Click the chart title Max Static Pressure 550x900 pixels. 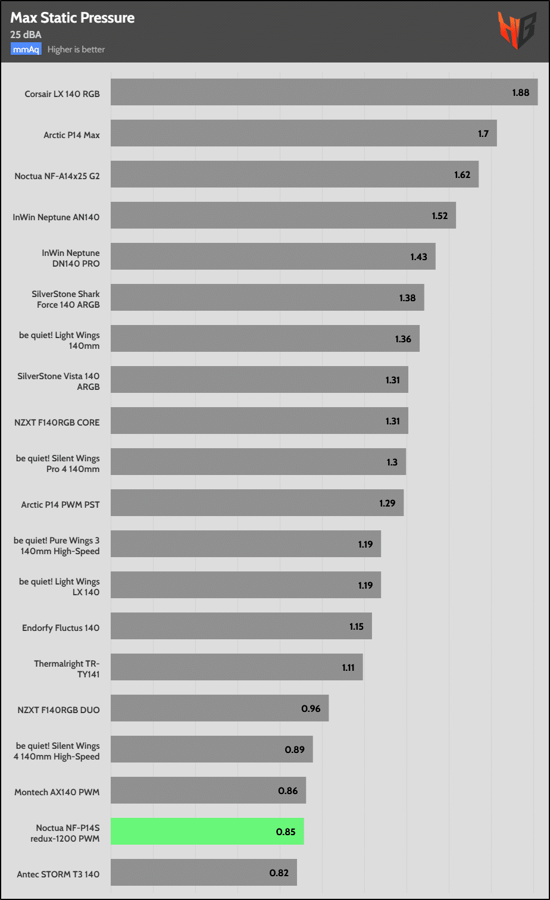tap(72, 18)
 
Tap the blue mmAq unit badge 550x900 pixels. tap(26, 49)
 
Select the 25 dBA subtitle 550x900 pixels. tap(26, 35)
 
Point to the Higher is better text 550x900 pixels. tap(76, 49)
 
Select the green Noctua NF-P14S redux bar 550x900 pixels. tap(207, 832)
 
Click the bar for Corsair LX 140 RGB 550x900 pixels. tap(324, 92)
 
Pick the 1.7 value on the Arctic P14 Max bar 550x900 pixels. tap(483, 134)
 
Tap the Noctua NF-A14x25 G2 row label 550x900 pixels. tap(57, 176)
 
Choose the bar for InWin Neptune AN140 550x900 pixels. tap(283, 215)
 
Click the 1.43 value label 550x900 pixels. tap(419, 257)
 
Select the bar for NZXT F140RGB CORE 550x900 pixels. tap(259, 421)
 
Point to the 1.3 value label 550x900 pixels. tap(392, 462)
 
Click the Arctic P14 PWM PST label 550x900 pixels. tap(60, 505)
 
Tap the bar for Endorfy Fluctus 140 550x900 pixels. tap(241, 626)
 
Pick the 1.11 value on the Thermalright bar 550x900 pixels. tap(348, 667)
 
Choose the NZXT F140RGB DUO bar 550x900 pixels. tap(220, 708)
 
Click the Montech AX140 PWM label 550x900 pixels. tap(57, 792)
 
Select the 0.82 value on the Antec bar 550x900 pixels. tap(279, 873)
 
